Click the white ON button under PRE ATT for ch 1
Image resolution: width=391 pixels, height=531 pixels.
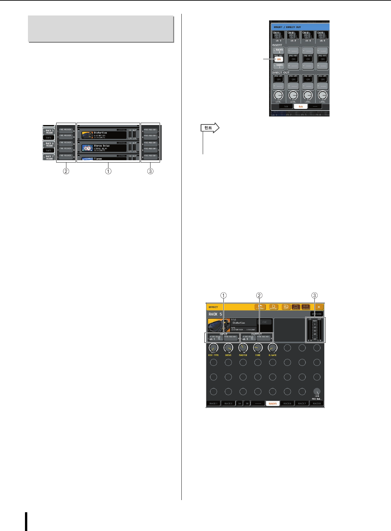279,59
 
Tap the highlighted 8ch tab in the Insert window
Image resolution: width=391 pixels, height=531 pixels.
301,107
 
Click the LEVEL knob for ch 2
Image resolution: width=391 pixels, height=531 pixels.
293,95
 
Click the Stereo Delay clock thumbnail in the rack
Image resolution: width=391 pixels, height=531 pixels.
87,148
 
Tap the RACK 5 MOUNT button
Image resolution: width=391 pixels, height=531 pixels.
49,132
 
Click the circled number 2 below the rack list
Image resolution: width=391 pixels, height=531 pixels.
66,171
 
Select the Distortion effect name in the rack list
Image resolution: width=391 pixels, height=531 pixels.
100,133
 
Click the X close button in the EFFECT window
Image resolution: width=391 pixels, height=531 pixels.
319,307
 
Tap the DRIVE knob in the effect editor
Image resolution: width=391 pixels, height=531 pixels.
228,348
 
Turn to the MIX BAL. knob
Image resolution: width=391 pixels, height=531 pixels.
317,392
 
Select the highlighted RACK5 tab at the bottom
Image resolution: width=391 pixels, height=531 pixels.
272,403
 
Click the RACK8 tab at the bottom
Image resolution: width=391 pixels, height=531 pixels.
316,403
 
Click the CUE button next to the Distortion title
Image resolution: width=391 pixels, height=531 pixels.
264,322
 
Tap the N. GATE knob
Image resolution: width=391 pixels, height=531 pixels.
272,348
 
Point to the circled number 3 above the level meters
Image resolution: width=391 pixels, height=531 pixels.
315,295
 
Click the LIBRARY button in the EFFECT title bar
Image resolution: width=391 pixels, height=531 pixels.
260,307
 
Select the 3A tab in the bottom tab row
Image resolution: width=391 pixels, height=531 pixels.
240,403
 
